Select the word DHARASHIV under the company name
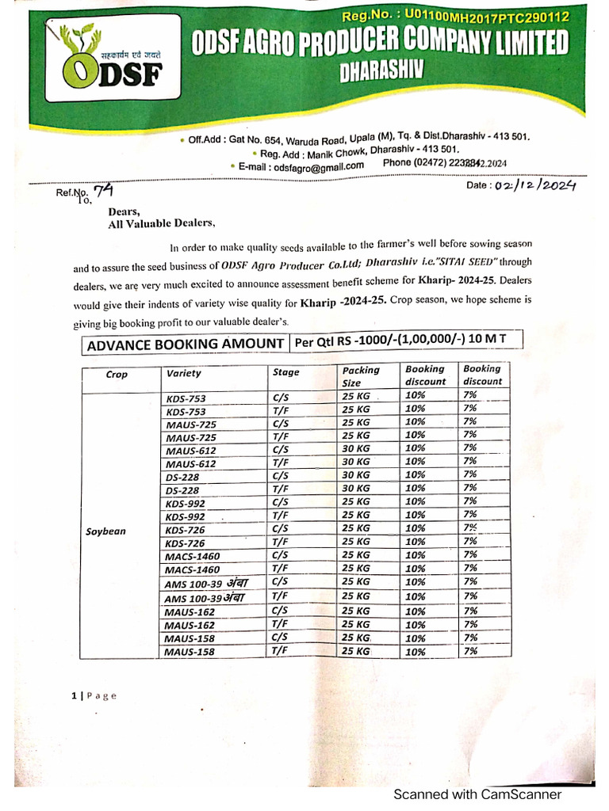click(381, 73)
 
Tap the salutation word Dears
click(124, 211)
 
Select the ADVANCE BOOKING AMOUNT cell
click(186, 344)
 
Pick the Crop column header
click(117, 375)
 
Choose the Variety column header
click(184, 373)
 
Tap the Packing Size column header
click(361, 375)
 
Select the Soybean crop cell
click(105, 531)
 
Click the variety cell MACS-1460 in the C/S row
click(193, 556)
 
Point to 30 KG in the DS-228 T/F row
click(356, 488)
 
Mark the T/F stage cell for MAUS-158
click(278, 650)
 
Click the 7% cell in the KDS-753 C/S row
click(470, 394)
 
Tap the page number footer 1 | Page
click(94, 695)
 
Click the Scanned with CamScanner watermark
click(478, 794)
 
